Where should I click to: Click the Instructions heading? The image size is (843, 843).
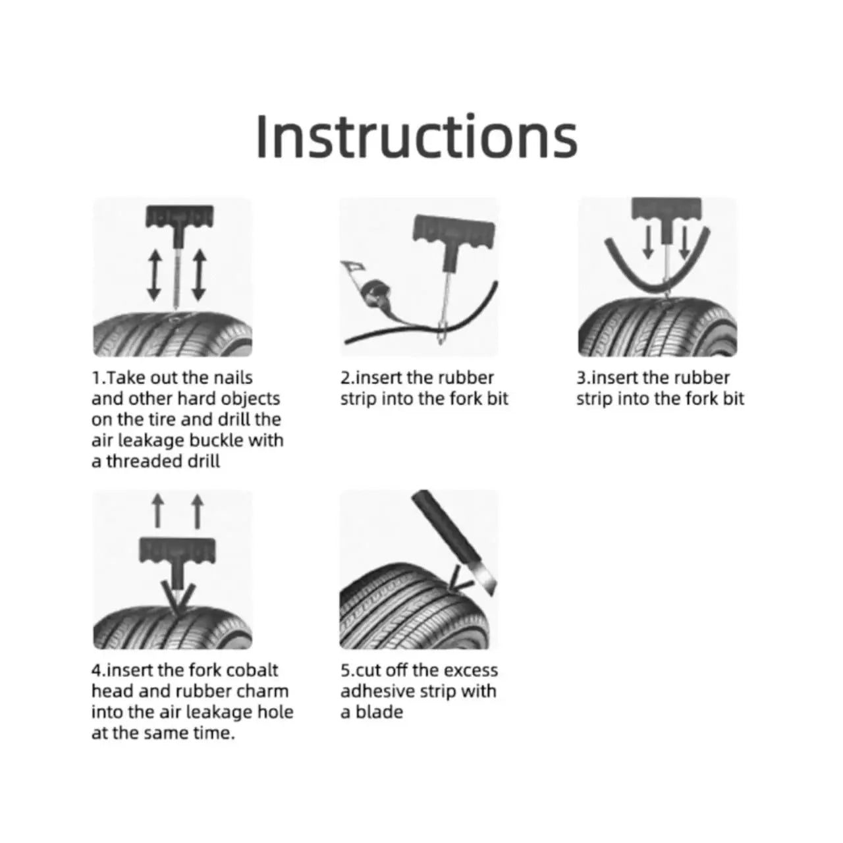click(x=416, y=136)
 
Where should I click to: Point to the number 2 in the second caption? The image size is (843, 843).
click(x=344, y=378)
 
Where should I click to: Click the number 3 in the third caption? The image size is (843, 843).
click(x=581, y=378)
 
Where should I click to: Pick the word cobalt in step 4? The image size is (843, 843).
click(x=252, y=670)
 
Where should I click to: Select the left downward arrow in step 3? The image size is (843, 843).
click(x=649, y=242)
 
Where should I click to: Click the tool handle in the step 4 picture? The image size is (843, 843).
click(x=177, y=552)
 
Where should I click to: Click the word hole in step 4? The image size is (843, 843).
click(x=277, y=712)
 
